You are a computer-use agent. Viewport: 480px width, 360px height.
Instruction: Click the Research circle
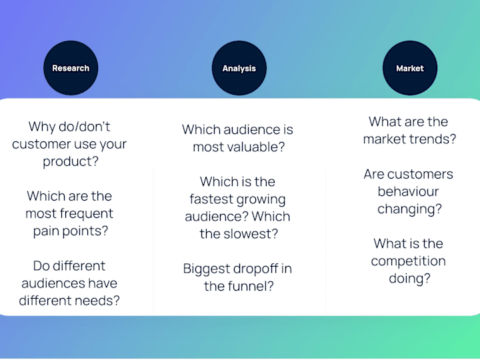pyautogui.click(x=71, y=67)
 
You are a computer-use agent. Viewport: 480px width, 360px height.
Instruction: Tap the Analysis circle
pyautogui.click(x=239, y=68)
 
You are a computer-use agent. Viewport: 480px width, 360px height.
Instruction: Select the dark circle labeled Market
pyautogui.click(x=410, y=68)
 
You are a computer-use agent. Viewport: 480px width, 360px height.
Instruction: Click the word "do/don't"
pyautogui.click(x=84, y=127)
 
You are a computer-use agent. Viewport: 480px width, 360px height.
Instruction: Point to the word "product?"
pyautogui.click(x=71, y=161)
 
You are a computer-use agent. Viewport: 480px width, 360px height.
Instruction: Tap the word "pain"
pyautogui.click(x=46, y=231)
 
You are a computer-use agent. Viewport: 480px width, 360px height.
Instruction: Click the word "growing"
pyautogui.click(x=261, y=199)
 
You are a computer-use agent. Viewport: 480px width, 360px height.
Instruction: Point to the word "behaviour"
pyautogui.click(x=409, y=191)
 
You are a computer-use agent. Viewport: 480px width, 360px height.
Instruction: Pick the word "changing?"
pyautogui.click(x=409, y=209)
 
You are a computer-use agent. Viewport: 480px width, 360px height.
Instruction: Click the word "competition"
pyautogui.click(x=409, y=261)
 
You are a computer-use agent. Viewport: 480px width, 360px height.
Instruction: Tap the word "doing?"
pyautogui.click(x=409, y=279)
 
